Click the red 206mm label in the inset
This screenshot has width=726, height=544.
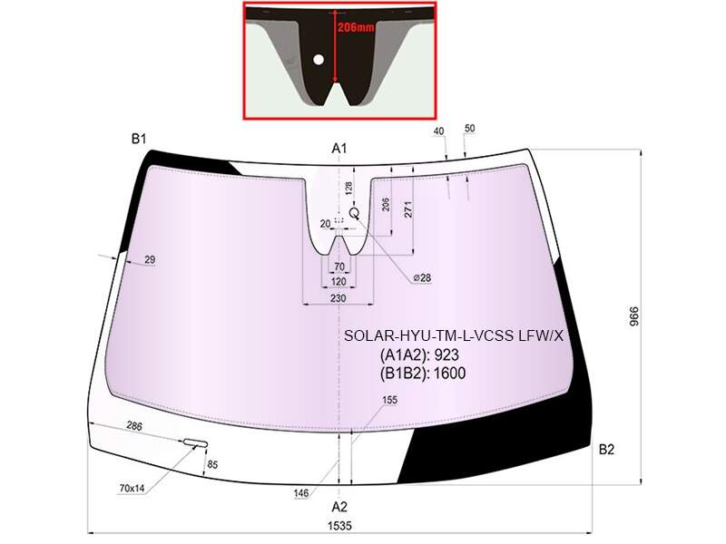(x=355, y=27)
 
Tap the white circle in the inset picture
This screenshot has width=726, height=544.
(x=319, y=60)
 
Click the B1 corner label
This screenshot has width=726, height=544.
(x=139, y=139)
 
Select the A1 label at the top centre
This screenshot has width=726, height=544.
(x=338, y=148)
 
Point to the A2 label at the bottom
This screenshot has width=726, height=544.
(x=338, y=507)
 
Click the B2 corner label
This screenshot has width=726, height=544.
(x=606, y=449)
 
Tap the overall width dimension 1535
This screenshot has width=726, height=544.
(x=339, y=526)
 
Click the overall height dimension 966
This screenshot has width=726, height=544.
(x=633, y=316)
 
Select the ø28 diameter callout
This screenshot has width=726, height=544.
(x=422, y=277)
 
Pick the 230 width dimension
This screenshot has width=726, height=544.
(x=338, y=298)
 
